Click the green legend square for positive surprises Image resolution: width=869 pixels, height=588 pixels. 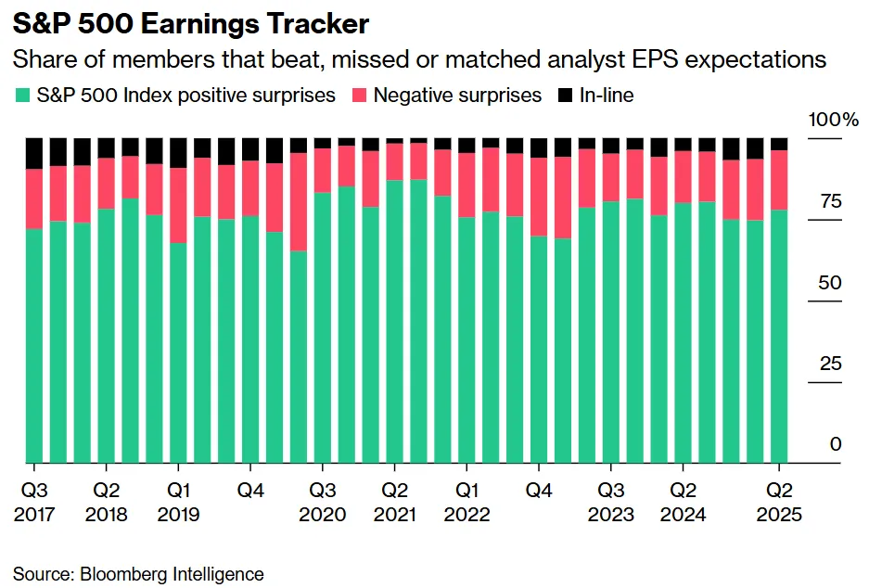[22, 95]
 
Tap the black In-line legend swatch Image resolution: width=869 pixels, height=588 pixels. [564, 95]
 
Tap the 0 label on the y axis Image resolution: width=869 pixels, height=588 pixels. [836, 445]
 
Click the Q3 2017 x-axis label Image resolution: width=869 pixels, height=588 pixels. [35, 502]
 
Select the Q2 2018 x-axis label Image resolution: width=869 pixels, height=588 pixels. [108, 502]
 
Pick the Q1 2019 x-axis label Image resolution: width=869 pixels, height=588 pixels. [179, 502]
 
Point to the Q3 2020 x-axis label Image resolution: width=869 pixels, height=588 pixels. [324, 502]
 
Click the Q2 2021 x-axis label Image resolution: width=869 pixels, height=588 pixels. [396, 502]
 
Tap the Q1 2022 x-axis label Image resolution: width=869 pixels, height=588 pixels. [467, 502]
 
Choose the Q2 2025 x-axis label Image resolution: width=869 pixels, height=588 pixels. [780, 502]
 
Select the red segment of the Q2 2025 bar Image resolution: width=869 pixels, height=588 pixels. [780, 180]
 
